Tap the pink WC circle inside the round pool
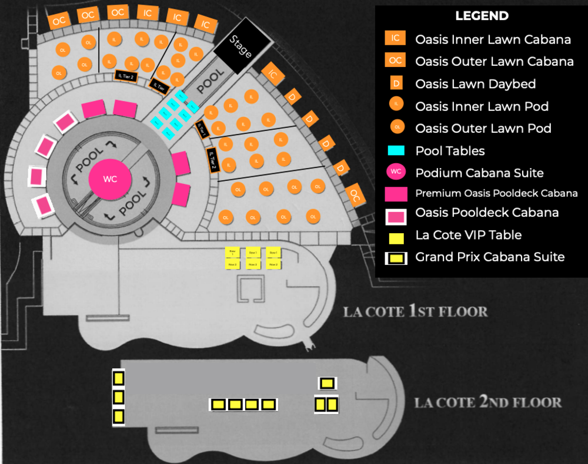coord(110,179)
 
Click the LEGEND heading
coord(482,16)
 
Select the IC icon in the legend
coord(396,39)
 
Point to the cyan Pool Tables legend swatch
coord(396,150)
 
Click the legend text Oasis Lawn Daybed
coord(475,84)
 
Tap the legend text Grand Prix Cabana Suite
coord(490,257)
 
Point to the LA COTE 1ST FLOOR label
coord(415,311)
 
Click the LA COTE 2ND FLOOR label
coord(487,402)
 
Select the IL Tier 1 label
coord(202,129)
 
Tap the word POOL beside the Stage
coord(210,82)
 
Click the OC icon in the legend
coord(396,61)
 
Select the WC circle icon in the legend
coord(396,172)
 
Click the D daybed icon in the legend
coord(396,83)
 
